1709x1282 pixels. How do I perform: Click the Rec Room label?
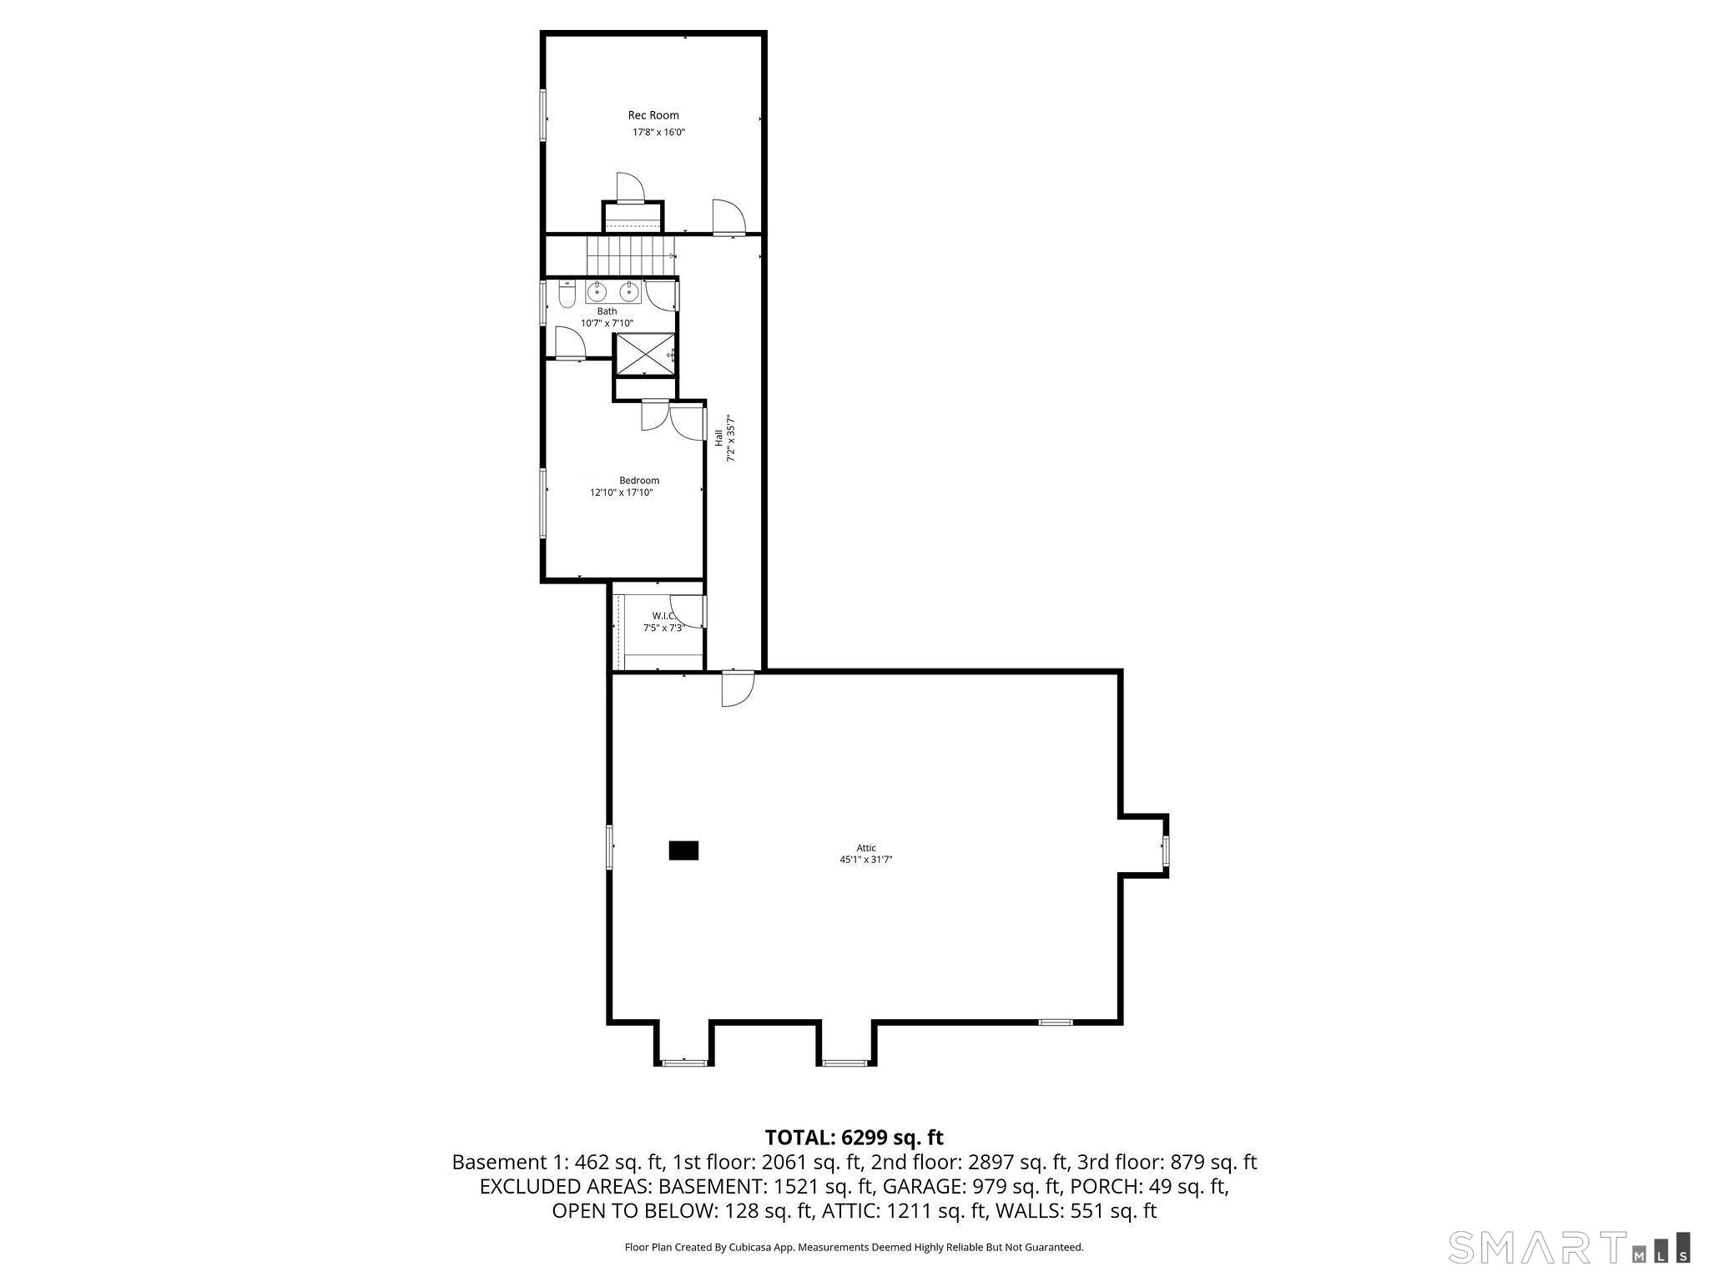click(653, 115)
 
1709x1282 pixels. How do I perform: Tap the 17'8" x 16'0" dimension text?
click(658, 132)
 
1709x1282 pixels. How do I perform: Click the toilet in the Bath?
click(567, 295)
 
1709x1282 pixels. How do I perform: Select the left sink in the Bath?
click(597, 292)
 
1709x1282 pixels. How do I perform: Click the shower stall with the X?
click(644, 354)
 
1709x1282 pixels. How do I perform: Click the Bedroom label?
click(639, 480)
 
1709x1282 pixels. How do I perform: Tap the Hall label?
click(718, 437)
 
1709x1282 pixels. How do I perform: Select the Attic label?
click(866, 848)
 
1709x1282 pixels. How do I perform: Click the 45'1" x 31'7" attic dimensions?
click(866, 860)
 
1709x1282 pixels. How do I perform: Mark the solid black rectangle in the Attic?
click(683, 850)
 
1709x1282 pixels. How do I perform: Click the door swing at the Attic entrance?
click(738, 689)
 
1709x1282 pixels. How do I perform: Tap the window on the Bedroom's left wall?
click(543, 502)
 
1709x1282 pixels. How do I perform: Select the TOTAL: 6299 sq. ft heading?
click(854, 1137)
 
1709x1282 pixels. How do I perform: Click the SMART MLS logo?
click(1569, 1248)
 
